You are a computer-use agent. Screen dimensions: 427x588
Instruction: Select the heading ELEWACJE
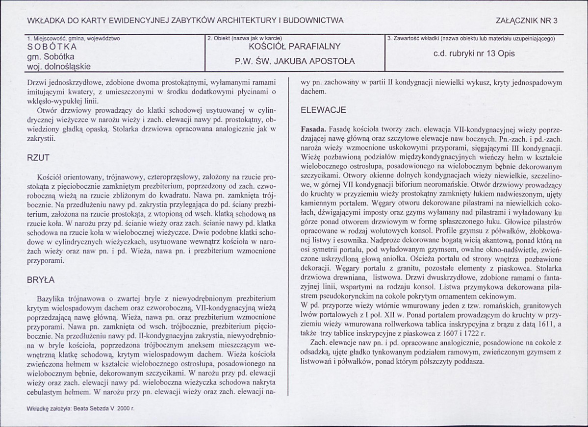[x=323, y=110]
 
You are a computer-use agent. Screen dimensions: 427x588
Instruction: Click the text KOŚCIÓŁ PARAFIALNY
[x=294, y=47]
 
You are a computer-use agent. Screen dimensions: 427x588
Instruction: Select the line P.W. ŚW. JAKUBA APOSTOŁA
[x=294, y=62]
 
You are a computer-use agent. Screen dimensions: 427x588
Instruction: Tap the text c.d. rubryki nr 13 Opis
[x=474, y=54]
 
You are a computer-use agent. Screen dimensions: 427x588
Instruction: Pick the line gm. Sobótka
[x=51, y=56]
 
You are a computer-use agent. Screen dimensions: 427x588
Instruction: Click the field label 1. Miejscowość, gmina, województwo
[x=74, y=38]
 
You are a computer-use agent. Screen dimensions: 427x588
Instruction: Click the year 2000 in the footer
[x=126, y=407]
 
